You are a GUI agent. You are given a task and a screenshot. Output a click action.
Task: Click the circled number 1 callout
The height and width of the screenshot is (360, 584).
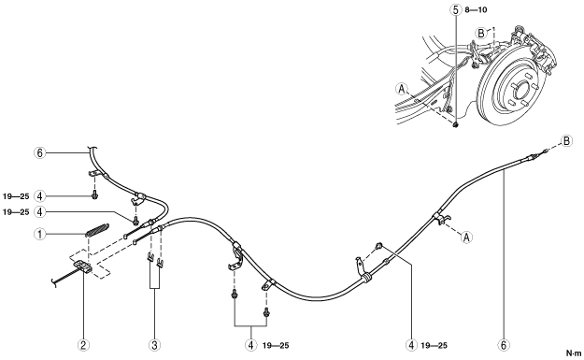point(40,235)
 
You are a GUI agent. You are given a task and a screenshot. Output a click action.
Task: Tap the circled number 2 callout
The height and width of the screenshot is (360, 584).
point(83,345)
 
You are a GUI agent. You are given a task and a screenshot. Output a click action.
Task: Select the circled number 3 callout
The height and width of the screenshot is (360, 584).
point(154,345)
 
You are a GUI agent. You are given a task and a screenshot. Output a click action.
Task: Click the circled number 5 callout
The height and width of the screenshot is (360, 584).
point(456,10)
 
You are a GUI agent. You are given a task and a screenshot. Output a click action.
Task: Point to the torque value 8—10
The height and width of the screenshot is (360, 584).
point(476,10)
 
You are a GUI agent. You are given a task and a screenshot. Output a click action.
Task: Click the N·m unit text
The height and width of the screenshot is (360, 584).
point(574,353)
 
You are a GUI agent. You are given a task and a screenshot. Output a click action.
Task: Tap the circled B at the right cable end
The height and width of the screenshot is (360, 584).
point(566,141)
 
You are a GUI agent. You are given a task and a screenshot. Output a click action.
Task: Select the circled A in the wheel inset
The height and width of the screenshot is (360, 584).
point(402,89)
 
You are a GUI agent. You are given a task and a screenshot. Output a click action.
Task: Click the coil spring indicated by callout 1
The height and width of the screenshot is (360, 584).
point(97,230)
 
